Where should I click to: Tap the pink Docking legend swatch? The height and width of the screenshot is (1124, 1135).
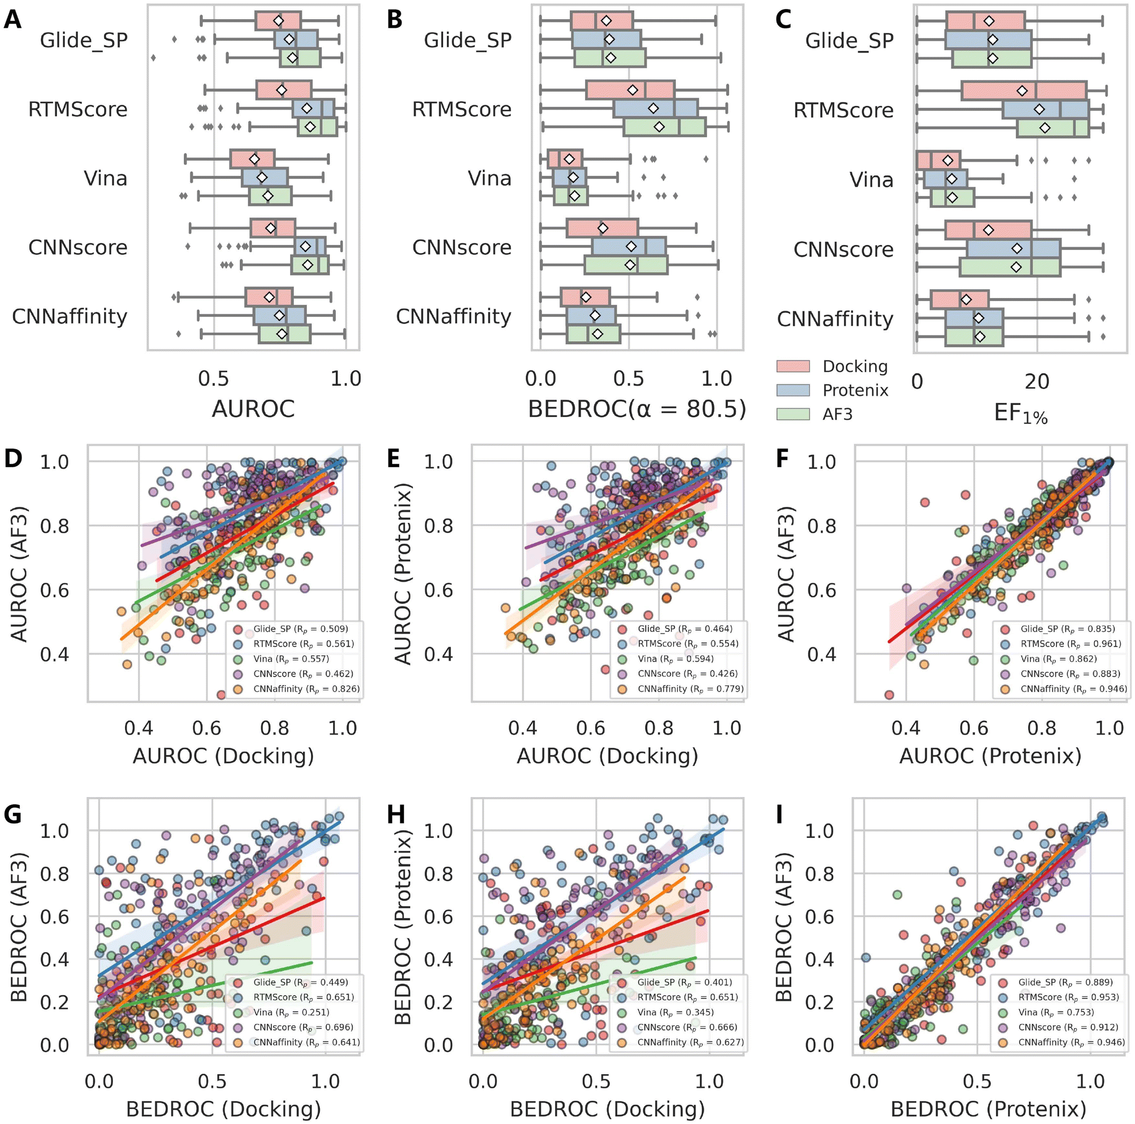point(792,366)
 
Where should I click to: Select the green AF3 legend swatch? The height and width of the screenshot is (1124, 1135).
point(792,414)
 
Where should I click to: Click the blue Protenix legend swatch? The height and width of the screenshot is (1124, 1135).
point(792,390)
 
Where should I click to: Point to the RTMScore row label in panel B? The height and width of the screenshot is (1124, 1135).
point(462,109)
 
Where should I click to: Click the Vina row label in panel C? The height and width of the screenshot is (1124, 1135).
point(871,179)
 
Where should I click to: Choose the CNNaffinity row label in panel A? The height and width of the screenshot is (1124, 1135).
point(70,316)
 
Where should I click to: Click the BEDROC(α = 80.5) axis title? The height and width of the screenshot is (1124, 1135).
point(637,408)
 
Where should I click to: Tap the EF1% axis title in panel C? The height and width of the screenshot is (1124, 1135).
point(1020,414)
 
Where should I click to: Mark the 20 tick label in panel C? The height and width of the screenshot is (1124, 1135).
point(1037,381)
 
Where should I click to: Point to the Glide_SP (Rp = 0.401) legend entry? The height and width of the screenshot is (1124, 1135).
point(685,982)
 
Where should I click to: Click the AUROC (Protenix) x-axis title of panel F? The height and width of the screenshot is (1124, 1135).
point(990,755)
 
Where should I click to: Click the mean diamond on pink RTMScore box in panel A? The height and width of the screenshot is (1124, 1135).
point(281,90)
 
